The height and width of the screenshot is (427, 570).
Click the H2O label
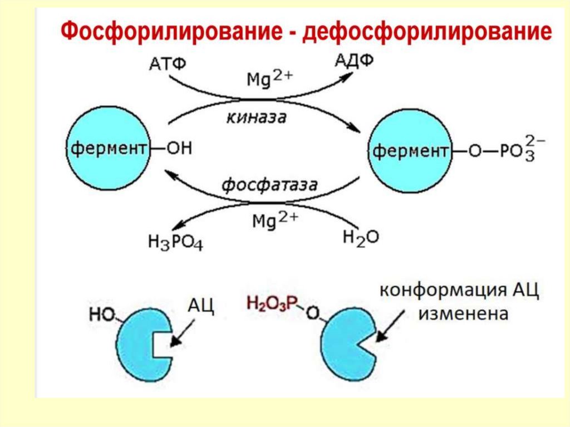[360, 238]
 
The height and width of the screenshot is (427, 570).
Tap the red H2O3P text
[272, 303]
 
